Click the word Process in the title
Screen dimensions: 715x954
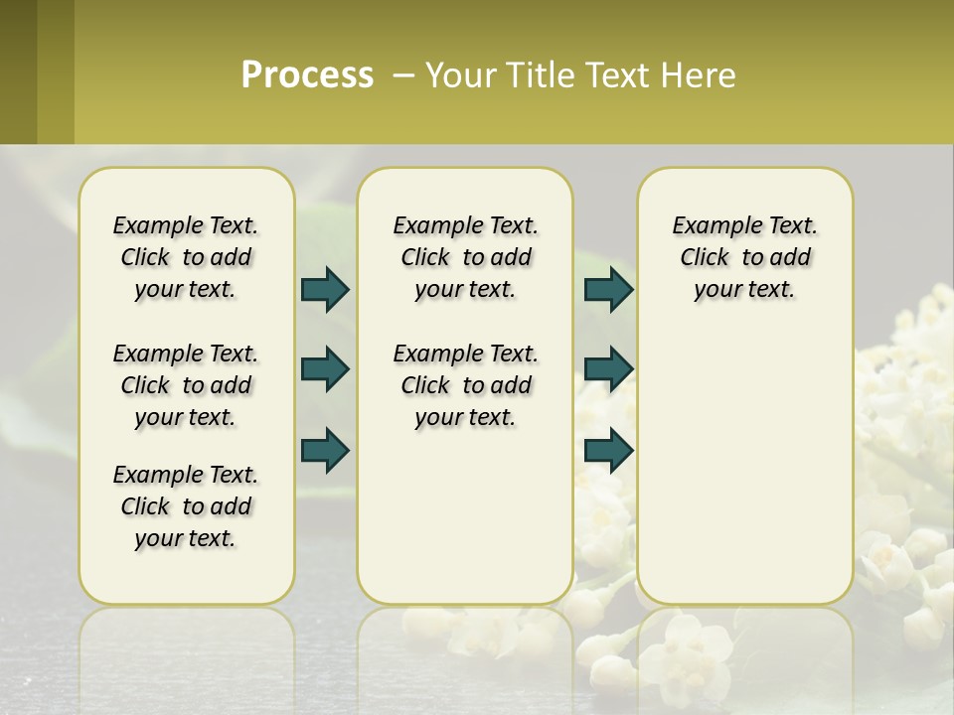(x=307, y=75)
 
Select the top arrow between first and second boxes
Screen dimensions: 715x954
(x=325, y=290)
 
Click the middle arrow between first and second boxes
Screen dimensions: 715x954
(x=325, y=370)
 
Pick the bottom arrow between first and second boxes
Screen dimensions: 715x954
(x=325, y=450)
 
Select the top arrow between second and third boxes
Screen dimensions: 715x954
(x=608, y=290)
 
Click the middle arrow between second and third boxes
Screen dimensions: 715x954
(x=608, y=370)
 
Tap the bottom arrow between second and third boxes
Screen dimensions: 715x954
(x=608, y=450)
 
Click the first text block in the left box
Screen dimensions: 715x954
(x=186, y=257)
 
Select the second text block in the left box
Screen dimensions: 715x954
(x=186, y=385)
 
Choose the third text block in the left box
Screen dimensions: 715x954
(x=186, y=506)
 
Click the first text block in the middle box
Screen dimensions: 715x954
(x=465, y=257)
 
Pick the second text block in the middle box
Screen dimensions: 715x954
(x=465, y=385)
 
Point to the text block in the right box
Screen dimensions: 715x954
(x=744, y=257)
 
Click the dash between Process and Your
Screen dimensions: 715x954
(x=403, y=76)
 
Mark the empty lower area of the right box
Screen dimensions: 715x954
(x=744, y=467)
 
